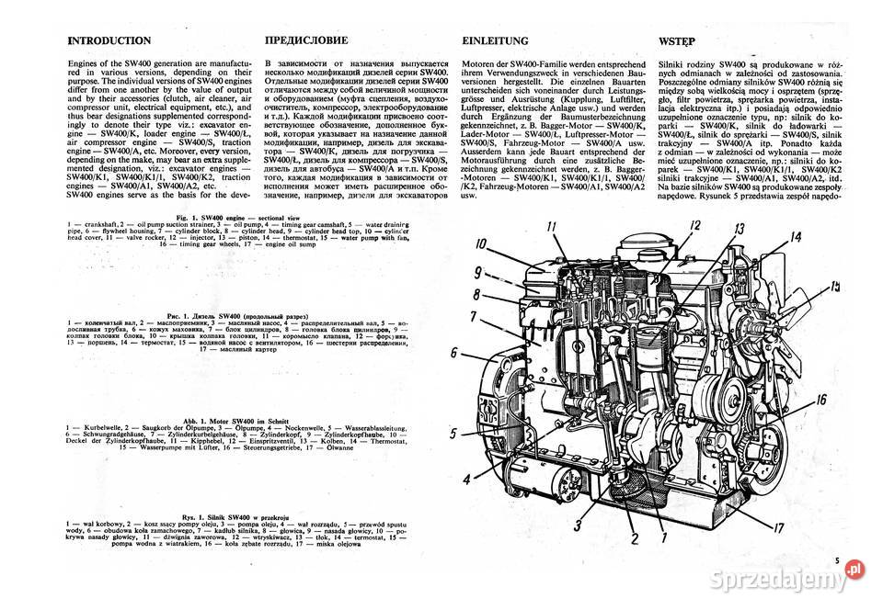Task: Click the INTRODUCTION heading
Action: (109, 41)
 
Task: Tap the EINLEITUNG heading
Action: (495, 41)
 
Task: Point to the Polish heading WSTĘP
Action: (678, 41)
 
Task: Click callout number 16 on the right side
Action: (821, 399)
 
